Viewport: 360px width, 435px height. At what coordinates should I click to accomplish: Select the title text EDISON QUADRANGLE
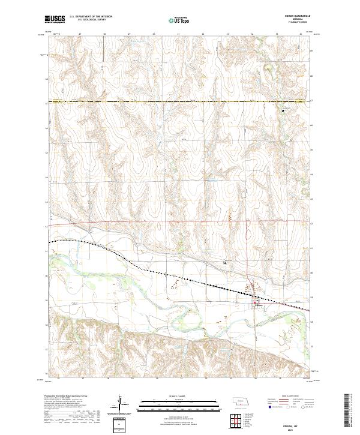click(290, 16)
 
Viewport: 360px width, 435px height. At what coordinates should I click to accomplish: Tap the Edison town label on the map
click(259, 305)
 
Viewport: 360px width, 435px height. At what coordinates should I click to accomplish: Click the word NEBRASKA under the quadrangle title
click(290, 19)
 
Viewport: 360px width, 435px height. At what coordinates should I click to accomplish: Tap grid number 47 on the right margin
click(311, 101)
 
